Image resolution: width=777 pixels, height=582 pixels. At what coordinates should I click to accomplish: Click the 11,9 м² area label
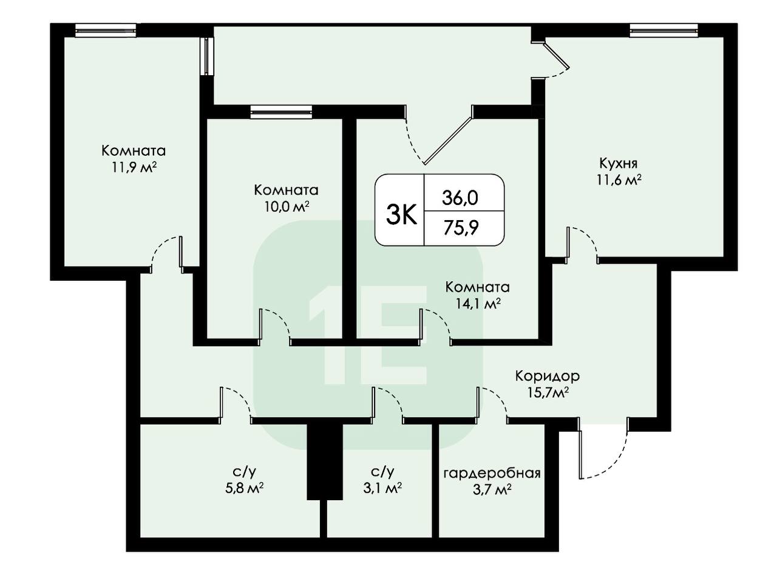click(134, 167)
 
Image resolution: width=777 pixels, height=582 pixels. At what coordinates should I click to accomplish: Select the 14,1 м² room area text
click(478, 303)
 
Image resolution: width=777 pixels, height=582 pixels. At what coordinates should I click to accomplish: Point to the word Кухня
click(619, 163)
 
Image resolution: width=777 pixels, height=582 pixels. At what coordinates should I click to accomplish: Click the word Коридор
click(548, 376)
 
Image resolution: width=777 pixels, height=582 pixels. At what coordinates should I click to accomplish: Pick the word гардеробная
click(492, 473)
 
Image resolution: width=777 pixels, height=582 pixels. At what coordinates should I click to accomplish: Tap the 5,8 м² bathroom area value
click(244, 489)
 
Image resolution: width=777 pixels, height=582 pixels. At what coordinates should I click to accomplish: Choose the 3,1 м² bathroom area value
click(382, 489)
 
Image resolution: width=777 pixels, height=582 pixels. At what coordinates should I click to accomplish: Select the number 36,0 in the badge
click(460, 198)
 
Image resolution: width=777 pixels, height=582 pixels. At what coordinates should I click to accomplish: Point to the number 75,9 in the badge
click(461, 227)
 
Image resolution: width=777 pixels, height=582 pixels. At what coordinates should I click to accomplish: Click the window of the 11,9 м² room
click(106, 30)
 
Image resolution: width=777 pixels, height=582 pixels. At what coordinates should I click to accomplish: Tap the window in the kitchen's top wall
click(663, 30)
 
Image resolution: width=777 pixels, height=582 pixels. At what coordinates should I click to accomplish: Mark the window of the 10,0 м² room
click(281, 112)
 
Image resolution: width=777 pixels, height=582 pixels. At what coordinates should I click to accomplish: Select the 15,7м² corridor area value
click(548, 392)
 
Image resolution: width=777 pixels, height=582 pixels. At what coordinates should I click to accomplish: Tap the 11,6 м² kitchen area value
click(619, 180)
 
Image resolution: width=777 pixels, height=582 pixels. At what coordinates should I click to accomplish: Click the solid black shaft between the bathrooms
click(325, 462)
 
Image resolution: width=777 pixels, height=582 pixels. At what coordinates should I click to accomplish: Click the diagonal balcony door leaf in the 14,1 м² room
click(449, 136)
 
